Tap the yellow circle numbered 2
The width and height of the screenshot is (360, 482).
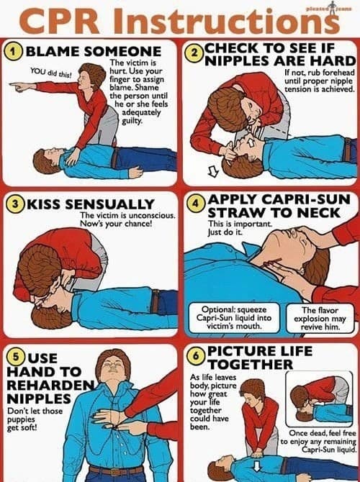(194, 53)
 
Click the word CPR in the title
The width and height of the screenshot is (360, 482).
(59, 21)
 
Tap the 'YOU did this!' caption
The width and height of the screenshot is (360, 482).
(51, 72)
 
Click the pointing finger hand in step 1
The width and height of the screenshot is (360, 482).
(19, 87)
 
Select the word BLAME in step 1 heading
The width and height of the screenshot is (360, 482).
(53, 52)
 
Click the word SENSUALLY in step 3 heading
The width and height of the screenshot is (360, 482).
(109, 204)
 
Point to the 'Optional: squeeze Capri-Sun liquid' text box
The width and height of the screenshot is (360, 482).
(234, 317)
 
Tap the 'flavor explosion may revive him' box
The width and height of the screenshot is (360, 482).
(320, 319)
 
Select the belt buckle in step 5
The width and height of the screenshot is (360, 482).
(116, 471)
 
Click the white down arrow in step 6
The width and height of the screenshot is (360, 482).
(256, 465)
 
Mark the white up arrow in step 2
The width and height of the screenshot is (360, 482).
(251, 142)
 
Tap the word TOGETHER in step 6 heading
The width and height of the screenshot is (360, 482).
(251, 365)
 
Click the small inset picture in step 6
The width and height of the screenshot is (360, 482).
(319, 399)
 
